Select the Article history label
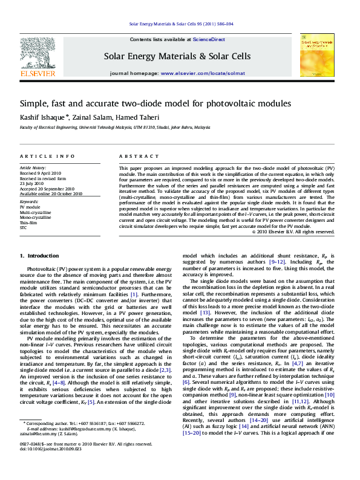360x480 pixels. pyautogui.click(x=33, y=167)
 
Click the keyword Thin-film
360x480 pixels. pyautogui.click(x=29, y=222)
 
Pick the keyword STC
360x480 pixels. pyautogui.click(x=24, y=228)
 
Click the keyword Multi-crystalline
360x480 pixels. pyautogui.click(x=35, y=212)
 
